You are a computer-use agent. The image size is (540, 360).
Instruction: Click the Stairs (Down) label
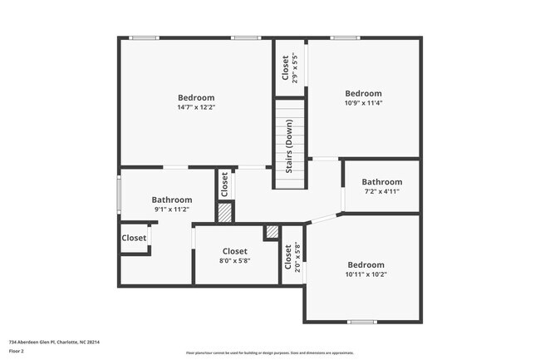tap(289, 145)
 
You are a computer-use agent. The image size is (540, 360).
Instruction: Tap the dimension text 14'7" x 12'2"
tap(196, 107)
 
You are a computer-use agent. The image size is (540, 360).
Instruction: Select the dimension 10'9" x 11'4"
tap(363, 104)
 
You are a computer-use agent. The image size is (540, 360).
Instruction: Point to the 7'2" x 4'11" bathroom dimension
tap(381, 191)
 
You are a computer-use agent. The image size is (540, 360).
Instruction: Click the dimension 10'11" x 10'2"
tap(366, 274)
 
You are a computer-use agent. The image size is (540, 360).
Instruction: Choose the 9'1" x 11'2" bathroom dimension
tap(171, 210)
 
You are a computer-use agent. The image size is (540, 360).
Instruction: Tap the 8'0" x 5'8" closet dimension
tap(234, 260)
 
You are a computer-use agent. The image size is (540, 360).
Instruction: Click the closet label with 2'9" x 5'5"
tap(287, 68)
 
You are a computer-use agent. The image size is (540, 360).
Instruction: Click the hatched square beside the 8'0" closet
tap(271, 233)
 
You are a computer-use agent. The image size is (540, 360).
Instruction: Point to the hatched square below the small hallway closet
tap(224, 212)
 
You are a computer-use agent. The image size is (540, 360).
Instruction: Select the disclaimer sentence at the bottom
tap(269, 353)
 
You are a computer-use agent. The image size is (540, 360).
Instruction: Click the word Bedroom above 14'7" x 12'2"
tap(196, 97)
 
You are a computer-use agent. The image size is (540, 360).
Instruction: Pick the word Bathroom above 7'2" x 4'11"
tap(381, 181)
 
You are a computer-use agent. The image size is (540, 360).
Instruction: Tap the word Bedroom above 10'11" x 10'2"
tap(366, 264)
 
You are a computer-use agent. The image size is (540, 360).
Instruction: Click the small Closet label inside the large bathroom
tap(134, 238)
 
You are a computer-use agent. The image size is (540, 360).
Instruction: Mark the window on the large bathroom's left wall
tap(120, 195)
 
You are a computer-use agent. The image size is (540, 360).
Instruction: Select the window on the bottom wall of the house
tap(361, 322)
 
